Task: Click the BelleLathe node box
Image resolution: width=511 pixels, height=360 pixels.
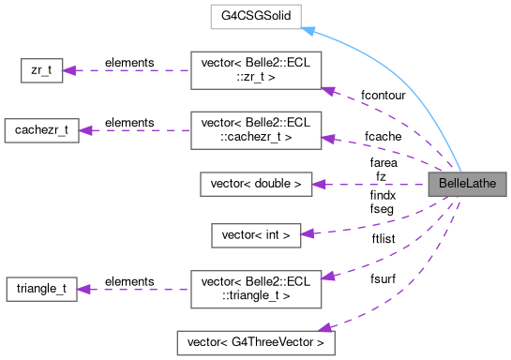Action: click(467, 184)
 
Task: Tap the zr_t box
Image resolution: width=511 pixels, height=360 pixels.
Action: click(42, 70)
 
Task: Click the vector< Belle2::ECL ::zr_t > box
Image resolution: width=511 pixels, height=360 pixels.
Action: click(255, 70)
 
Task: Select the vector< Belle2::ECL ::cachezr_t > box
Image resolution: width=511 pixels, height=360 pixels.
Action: click(255, 131)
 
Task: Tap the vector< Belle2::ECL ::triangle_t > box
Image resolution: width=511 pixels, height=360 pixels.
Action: click(255, 288)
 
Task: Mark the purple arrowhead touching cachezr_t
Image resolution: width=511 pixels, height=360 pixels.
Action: click(85, 131)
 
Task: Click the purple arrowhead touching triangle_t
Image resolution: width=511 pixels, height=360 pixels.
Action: click(83, 288)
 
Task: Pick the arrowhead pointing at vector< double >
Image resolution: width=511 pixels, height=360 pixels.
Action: click(319, 184)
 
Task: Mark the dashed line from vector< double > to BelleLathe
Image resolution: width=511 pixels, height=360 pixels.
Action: click(375, 184)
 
